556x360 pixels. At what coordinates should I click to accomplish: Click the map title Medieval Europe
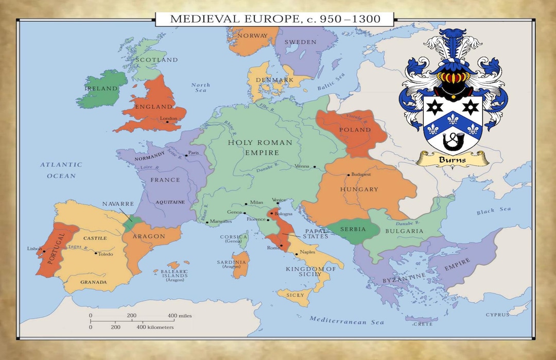(x=275, y=20)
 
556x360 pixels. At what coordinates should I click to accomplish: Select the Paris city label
(x=194, y=153)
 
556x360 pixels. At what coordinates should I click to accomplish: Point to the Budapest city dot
(x=348, y=175)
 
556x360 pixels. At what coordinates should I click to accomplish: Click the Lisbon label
(x=34, y=249)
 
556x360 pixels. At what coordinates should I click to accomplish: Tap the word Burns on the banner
(x=452, y=159)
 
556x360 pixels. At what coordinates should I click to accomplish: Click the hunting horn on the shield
(x=452, y=139)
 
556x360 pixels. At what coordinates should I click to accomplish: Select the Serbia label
(x=353, y=229)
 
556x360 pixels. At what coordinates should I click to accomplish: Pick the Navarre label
(x=118, y=204)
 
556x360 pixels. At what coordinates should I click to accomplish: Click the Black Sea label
(x=493, y=211)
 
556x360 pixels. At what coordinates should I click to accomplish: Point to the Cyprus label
(x=497, y=315)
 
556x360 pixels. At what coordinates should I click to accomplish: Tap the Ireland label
(x=101, y=89)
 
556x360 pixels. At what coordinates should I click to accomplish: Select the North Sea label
(x=200, y=88)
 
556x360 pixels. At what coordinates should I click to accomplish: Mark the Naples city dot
(x=297, y=254)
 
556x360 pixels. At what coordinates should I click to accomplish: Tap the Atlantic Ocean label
(x=61, y=170)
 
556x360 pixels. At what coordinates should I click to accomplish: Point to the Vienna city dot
(x=314, y=167)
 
